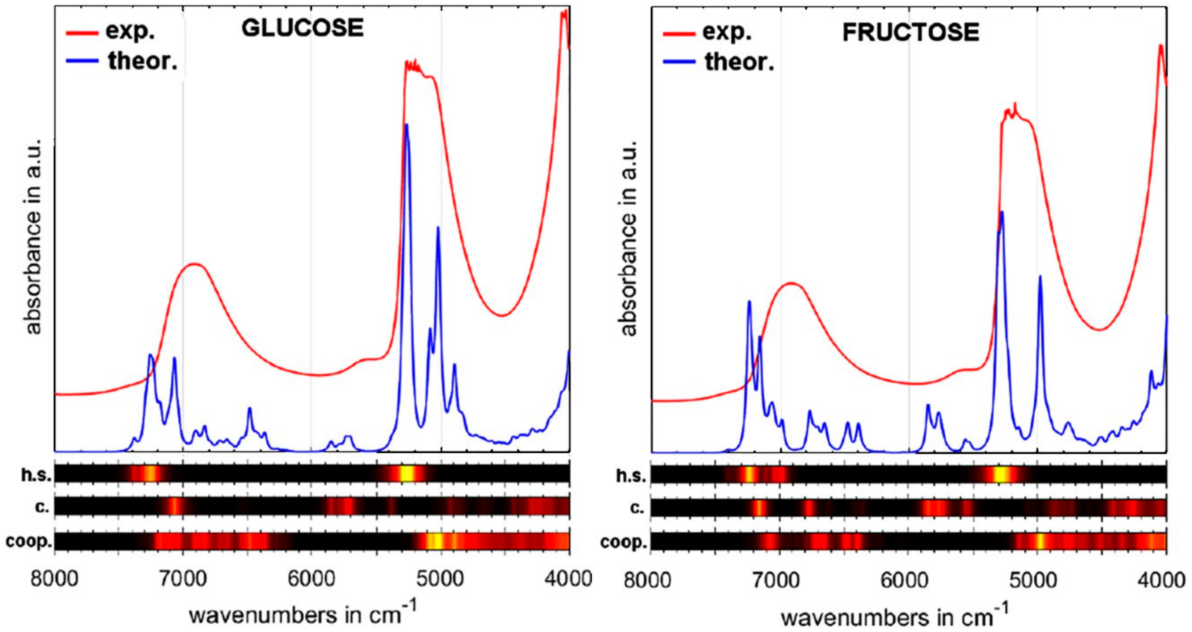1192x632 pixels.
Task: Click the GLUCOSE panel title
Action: pyautogui.click(x=303, y=28)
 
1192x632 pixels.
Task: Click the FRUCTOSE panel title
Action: pyautogui.click(x=910, y=32)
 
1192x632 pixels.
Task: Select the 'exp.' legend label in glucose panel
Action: pyautogui.click(x=130, y=31)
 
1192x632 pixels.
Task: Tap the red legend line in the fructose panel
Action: pyautogui.click(x=679, y=34)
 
